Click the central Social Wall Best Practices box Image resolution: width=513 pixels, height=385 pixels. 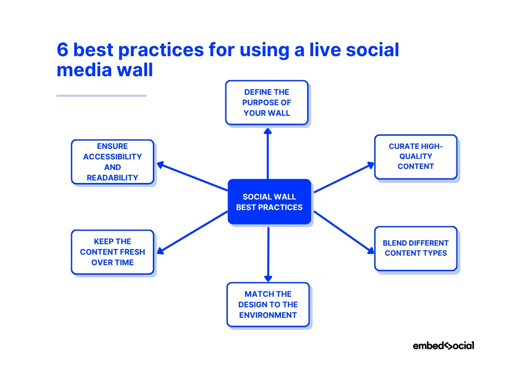tap(269, 202)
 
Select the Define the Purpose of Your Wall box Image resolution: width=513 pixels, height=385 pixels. tap(267, 102)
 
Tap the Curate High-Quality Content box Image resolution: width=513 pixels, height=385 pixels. tap(415, 156)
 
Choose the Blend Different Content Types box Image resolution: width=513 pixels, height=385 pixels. tap(415, 248)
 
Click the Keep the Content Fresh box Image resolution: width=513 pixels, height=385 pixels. tap(112, 252)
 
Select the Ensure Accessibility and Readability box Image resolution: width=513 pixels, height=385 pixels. tap(112, 162)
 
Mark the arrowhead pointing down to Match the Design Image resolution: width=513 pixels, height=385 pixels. tap(268, 277)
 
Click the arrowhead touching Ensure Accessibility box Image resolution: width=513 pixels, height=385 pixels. tap(161, 164)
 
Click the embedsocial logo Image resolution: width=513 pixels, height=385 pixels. tap(443, 345)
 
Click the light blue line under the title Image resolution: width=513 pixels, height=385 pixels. tap(101, 95)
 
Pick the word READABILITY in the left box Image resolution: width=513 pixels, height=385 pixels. tap(112, 177)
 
